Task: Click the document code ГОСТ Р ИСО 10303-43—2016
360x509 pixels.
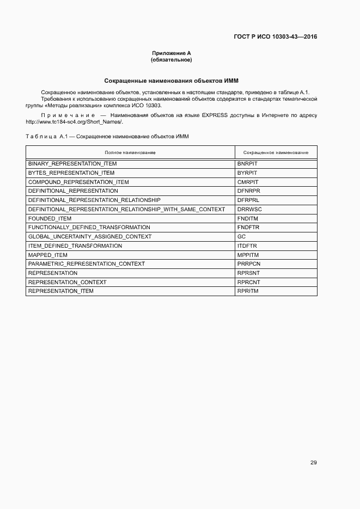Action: (275, 37)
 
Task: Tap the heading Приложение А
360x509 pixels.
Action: (172, 53)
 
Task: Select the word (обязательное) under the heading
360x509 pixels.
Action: (172, 59)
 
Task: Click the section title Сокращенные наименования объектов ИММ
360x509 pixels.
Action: (172, 80)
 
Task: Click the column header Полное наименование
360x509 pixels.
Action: (130, 152)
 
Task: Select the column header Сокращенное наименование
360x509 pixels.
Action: (276, 152)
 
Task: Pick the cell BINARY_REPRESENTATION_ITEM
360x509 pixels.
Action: (72, 163)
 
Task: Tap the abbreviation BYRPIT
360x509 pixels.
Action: (248, 173)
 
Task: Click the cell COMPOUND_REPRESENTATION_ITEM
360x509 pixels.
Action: (78, 182)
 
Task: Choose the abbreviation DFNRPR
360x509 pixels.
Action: (249, 191)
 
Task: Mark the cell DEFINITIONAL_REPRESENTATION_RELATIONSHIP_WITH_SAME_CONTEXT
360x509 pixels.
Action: (126, 209)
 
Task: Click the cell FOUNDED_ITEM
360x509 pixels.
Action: (50, 218)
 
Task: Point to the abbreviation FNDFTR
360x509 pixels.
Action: (248, 228)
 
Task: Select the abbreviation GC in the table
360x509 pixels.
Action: (242, 237)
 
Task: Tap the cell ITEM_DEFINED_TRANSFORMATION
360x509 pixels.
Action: (75, 246)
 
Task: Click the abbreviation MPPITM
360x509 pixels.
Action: (248, 255)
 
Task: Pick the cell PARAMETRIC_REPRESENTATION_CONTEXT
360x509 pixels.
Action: (87, 264)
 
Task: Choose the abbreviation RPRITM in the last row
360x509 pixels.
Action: (248, 291)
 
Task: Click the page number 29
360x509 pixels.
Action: (313, 463)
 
